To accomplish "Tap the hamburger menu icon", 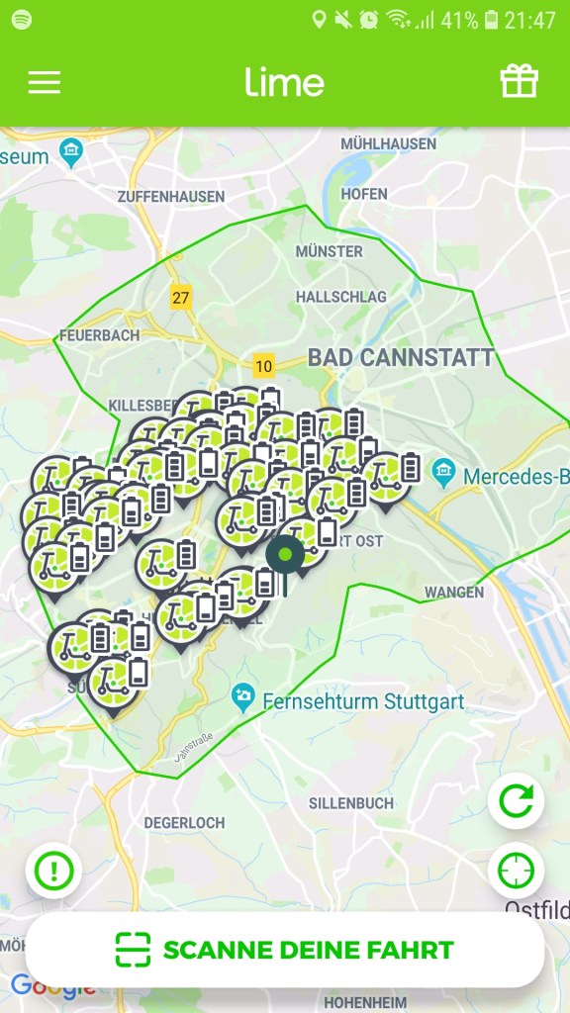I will [x=44, y=82].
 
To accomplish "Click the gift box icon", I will [x=520, y=81].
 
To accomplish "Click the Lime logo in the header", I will [x=284, y=82].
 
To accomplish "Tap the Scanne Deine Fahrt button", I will [x=285, y=951].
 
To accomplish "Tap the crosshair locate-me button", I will [x=516, y=871].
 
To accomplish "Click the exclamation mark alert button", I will [x=53, y=872].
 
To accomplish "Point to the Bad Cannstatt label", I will [x=400, y=358].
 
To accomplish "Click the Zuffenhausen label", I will [x=170, y=197].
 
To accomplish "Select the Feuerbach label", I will [x=99, y=335].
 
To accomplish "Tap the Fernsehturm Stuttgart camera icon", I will [x=242, y=697].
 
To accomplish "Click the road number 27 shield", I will [x=180, y=298].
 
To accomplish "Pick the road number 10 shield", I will [x=262, y=366].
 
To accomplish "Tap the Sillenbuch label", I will [x=350, y=803].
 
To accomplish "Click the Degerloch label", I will [x=184, y=822].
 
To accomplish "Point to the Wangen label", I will [x=454, y=593].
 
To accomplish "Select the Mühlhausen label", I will [x=388, y=143].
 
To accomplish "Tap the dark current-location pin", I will [x=285, y=556].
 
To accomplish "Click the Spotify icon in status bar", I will [x=21, y=20].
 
